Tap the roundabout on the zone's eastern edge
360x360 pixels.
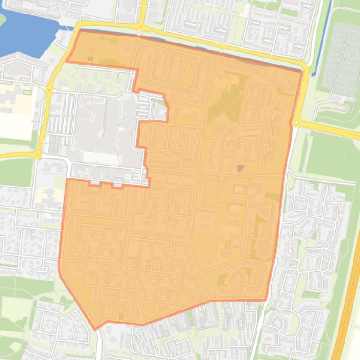point(296,123)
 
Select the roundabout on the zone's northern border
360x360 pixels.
point(140,28)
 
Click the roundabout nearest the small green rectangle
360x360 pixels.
point(49,90)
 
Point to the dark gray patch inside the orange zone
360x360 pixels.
point(241,167)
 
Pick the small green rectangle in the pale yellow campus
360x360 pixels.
point(27,92)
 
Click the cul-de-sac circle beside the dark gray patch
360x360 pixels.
point(228,153)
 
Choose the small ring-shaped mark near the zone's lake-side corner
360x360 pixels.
point(90,59)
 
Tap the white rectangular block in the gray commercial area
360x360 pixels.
point(101,158)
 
